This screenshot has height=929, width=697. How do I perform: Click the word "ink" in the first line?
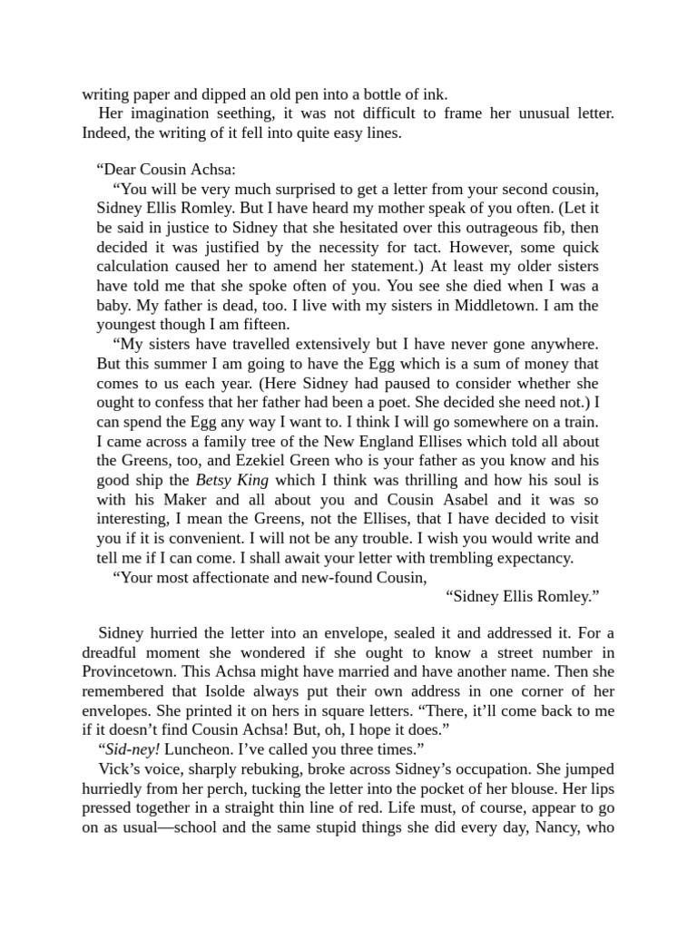437,94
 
